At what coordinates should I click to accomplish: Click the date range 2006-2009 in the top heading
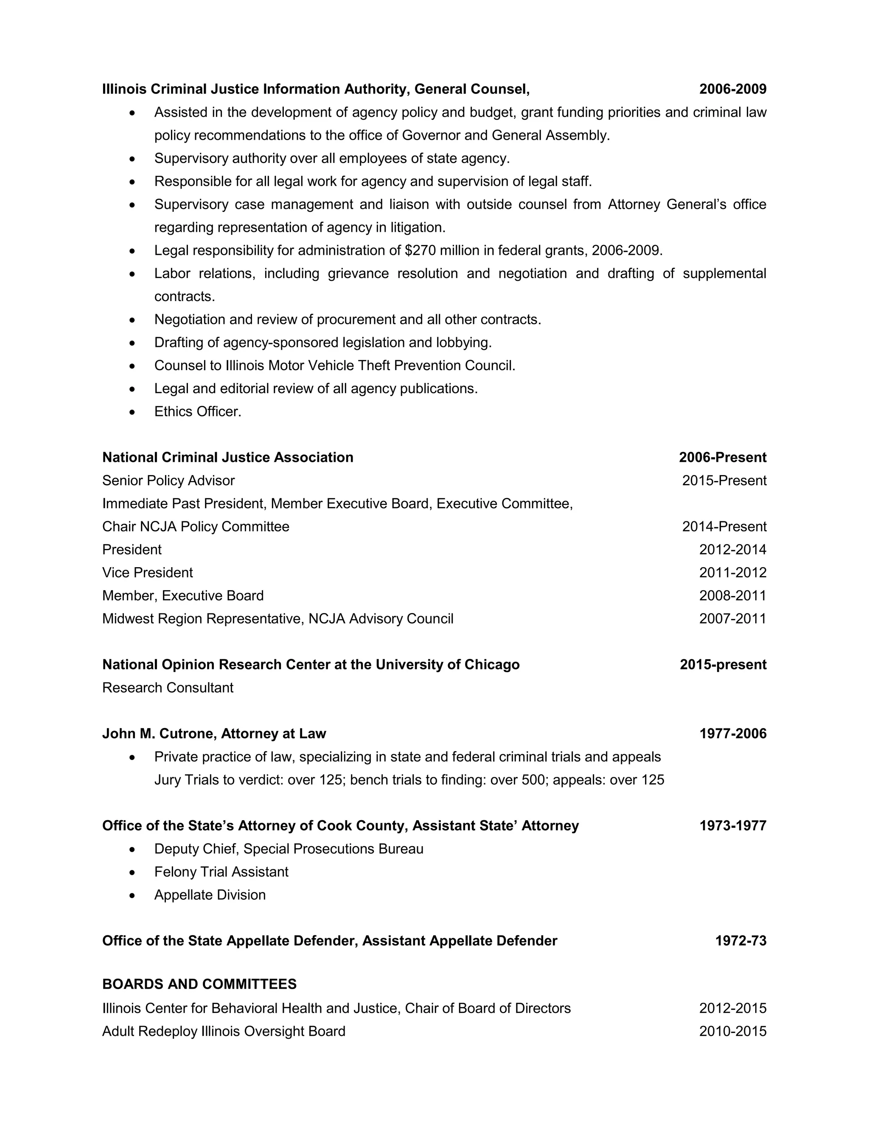(732, 89)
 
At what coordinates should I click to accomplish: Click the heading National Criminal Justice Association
(227, 457)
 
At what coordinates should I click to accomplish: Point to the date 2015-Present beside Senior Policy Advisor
(724, 481)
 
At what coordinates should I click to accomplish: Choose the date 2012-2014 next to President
(732, 550)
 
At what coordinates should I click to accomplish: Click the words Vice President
(147, 572)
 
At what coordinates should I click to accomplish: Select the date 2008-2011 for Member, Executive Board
(732, 596)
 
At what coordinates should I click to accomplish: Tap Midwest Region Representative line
(278, 619)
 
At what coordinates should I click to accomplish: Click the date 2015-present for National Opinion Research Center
(723, 664)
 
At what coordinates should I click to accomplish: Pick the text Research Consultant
(168, 688)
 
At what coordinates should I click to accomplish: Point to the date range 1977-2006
(732, 734)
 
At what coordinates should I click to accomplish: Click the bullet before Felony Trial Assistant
(133, 872)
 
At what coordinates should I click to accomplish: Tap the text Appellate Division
(210, 895)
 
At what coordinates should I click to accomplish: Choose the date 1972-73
(740, 941)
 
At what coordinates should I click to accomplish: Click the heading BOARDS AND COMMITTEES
(199, 984)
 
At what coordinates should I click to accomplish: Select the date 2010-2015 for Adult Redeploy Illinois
(732, 1031)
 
